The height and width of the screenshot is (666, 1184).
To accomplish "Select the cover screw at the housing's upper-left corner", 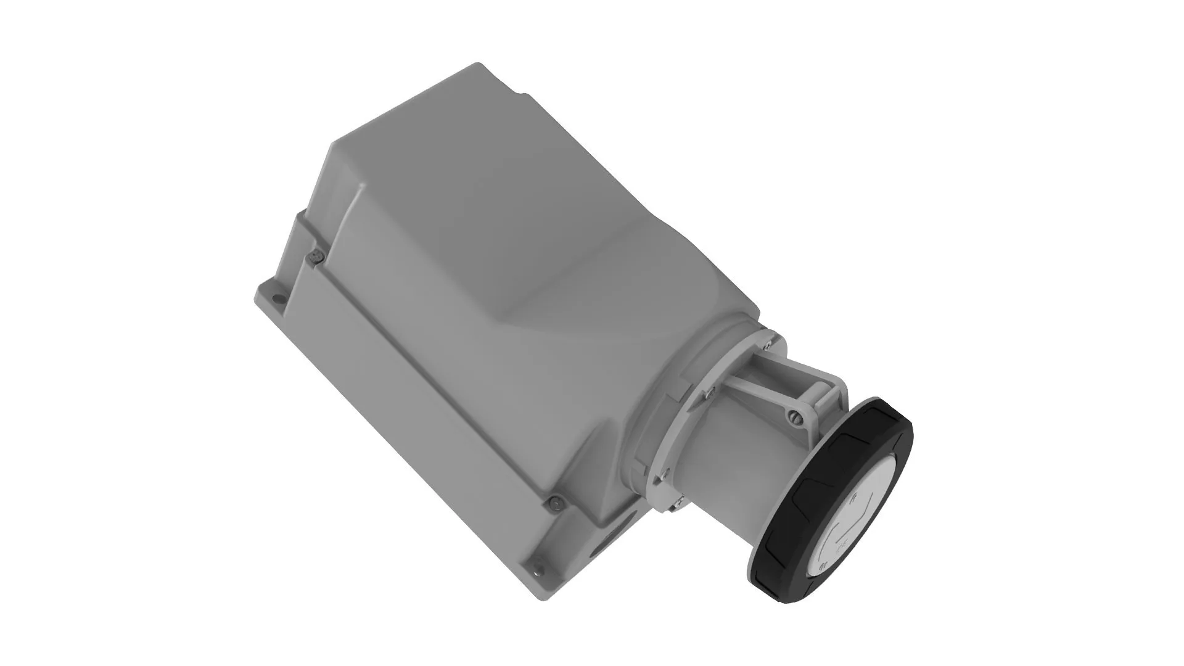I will [x=316, y=255].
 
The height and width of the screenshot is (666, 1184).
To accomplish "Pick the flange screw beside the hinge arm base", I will [x=711, y=390].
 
